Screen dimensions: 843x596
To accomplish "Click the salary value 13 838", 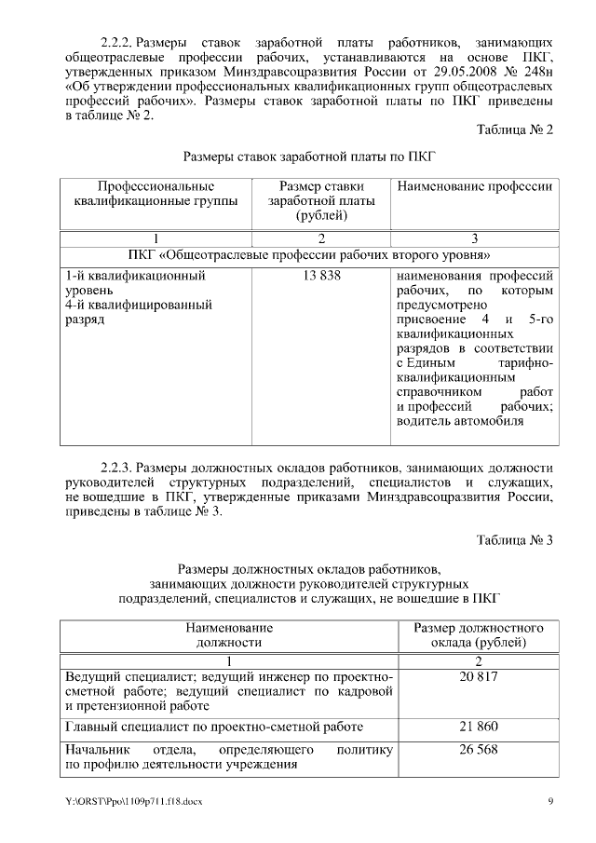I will (x=320, y=277).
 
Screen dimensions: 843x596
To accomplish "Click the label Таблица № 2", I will (x=515, y=130).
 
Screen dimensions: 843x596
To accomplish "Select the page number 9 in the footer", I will (x=550, y=801).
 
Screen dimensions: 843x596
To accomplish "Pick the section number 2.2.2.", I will (x=118, y=43).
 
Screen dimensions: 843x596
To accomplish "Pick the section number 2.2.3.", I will (x=118, y=467).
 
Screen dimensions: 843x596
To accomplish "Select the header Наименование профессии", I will (x=475, y=186).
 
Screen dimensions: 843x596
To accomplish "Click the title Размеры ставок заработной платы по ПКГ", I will (x=309, y=157).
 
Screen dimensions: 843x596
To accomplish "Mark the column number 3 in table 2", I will (x=475, y=238).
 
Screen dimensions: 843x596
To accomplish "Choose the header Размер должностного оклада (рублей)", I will (x=479, y=635).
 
